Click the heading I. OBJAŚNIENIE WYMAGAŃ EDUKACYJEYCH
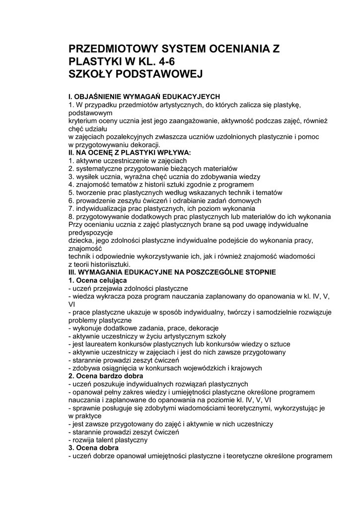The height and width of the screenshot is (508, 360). (144, 96)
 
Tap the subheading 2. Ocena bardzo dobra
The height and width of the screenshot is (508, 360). (102, 376)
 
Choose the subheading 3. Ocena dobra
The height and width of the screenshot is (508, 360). (93, 447)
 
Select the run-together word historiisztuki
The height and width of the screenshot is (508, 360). (106, 264)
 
